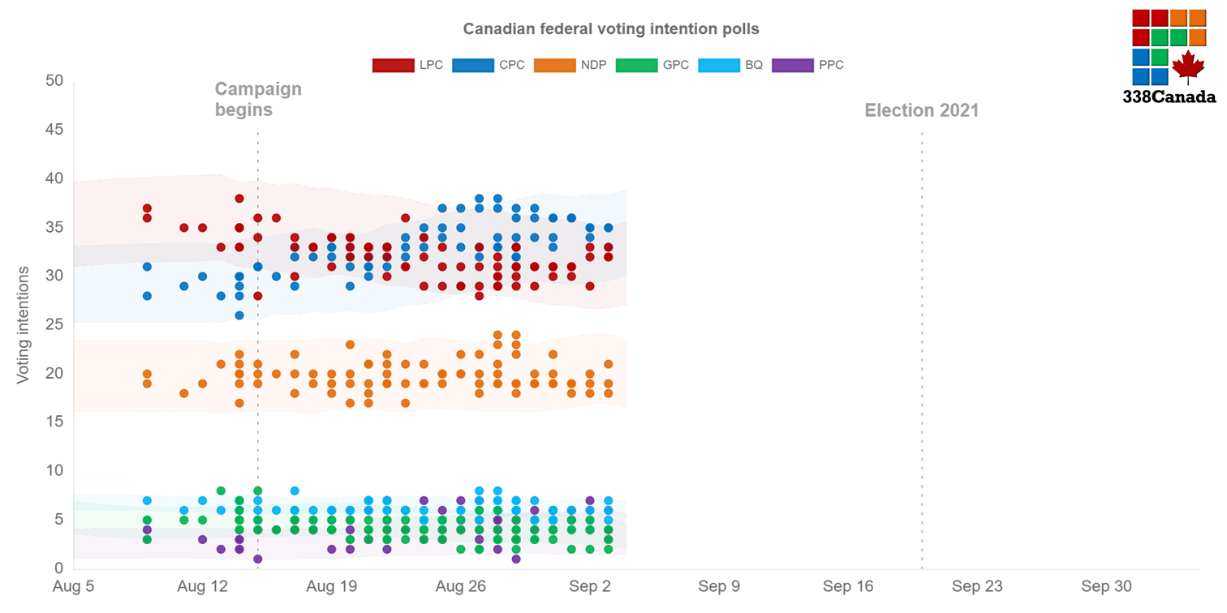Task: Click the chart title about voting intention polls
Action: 611,29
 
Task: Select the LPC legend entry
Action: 408,65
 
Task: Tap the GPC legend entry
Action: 652,65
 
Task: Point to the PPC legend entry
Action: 808,65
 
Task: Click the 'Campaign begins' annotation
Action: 257,99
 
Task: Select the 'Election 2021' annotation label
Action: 921,110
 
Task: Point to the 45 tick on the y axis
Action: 54,130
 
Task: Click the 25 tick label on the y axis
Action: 54,324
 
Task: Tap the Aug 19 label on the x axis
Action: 332,586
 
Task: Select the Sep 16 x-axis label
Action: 847,586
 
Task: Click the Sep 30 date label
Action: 1105,586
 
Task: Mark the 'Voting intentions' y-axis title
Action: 24,324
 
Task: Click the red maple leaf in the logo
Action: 1188,66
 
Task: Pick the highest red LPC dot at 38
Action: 239,199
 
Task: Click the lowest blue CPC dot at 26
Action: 239,315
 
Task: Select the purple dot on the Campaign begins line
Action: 258,559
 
